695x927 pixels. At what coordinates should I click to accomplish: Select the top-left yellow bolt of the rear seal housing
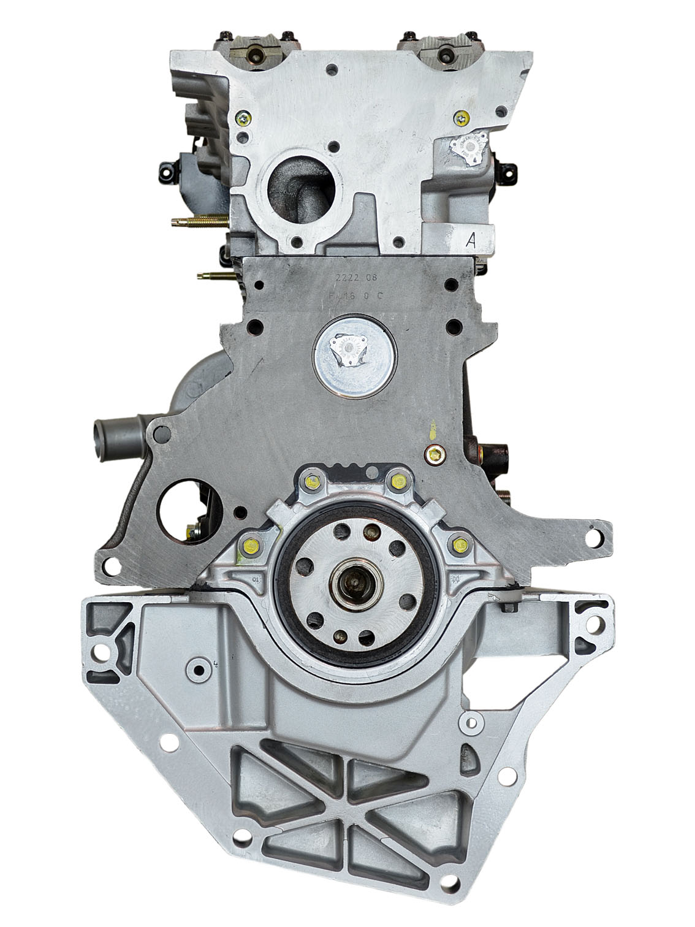tap(314, 483)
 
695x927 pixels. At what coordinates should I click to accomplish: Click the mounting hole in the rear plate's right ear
tap(593, 538)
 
